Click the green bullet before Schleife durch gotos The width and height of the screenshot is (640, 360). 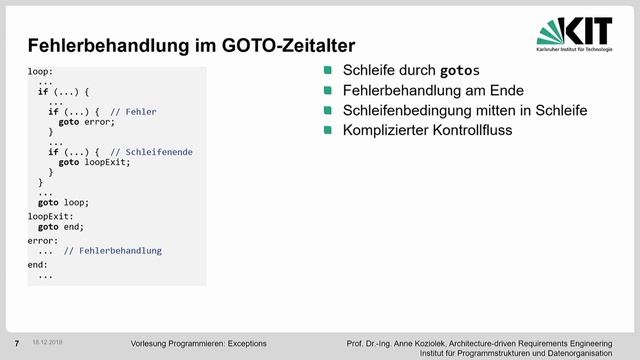click(x=327, y=70)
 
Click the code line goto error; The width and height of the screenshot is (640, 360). click(x=87, y=121)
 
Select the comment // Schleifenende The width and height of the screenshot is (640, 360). click(x=151, y=151)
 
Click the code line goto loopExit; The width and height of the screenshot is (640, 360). click(x=94, y=162)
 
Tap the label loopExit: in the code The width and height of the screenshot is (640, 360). click(x=50, y=215)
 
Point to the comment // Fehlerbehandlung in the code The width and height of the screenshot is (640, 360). click(x=112, y=250)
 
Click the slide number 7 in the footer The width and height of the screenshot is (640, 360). click(x=16, y=342)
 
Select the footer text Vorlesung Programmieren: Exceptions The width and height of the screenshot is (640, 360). click(x=198, y=343)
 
